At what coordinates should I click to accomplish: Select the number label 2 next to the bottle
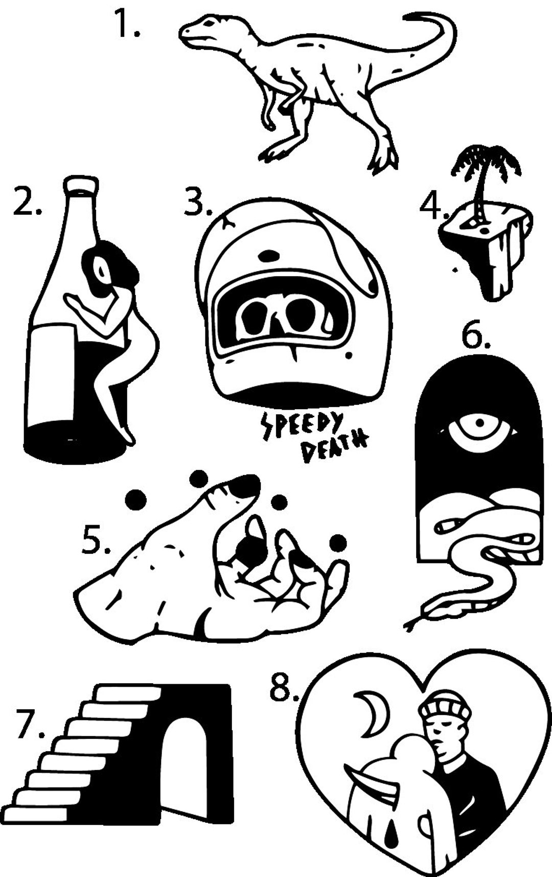[27, 203]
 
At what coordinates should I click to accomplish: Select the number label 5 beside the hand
[96, 542]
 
